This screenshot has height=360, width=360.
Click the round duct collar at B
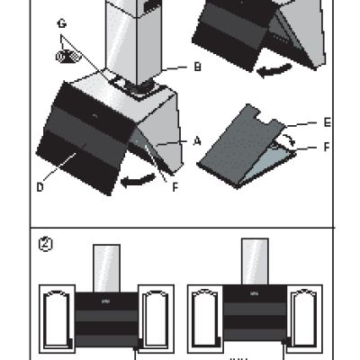[x=139, y=88]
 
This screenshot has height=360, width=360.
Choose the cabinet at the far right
[x=305, y=319]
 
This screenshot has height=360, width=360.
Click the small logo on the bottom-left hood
[x=105, y=301]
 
